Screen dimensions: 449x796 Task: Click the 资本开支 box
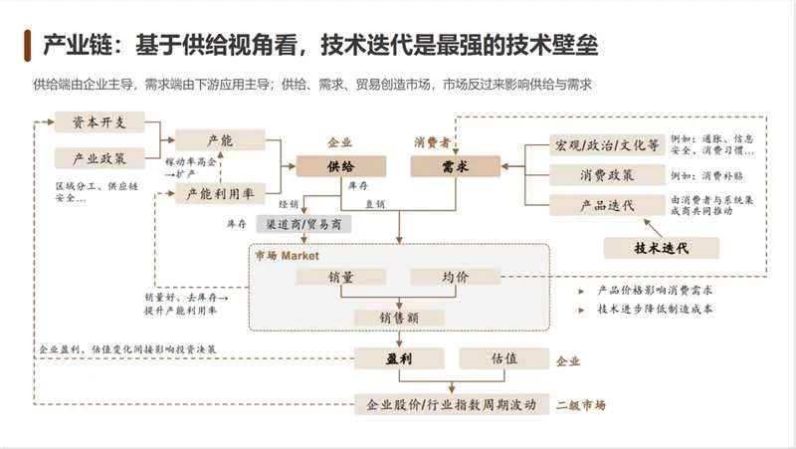(99, 121)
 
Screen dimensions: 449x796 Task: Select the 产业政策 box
(99, 158)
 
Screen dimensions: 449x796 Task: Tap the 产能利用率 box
(220, 195)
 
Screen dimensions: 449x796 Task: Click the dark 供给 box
(340, 166)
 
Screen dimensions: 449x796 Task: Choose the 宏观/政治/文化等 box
(606, 145)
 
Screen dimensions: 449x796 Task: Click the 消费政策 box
(606, 175)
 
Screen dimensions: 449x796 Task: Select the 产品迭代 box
(606, 205)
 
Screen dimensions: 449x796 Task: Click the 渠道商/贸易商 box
(303, 224)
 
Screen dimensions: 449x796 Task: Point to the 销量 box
(341, 278)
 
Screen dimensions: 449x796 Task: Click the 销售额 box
(399, 318)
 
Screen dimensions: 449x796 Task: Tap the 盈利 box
(398, 358)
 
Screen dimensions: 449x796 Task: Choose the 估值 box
(502, 358)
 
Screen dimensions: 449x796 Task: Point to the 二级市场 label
(581, 405)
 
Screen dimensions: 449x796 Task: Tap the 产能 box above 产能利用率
(220, 141)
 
